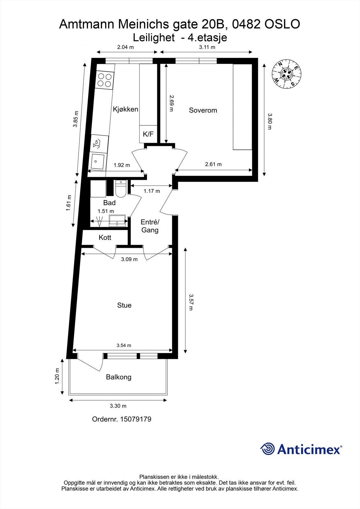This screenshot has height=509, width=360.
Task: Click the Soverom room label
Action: (203, 110)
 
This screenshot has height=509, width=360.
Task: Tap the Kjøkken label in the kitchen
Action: (125, 109)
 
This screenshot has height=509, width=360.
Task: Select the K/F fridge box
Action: (148, 134)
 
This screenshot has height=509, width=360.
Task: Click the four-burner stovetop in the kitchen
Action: (105, 80)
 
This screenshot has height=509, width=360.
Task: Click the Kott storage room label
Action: (105, 238)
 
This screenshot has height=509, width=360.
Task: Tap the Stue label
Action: (124, 305)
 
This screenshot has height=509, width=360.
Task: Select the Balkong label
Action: (118, 377)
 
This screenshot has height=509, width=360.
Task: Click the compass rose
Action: (287, 74)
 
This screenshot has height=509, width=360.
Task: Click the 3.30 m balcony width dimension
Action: (118, 406)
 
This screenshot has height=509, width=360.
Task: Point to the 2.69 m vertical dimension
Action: (171, 103)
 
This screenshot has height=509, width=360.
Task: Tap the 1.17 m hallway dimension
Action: (152, 191)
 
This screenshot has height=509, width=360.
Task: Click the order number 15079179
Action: (135, 419)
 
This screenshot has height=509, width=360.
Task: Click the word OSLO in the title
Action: (282, 24)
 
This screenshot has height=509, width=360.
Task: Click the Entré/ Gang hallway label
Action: (150, 226)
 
